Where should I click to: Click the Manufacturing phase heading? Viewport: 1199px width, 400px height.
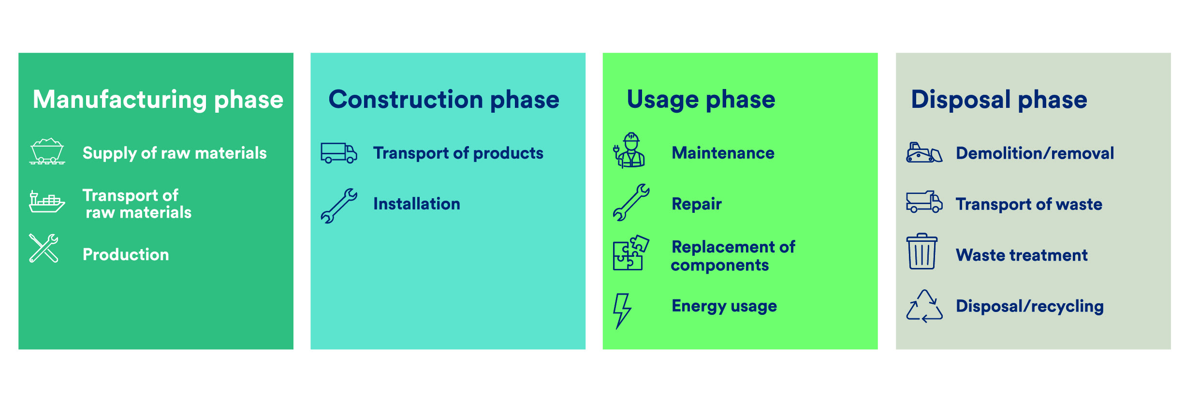158,100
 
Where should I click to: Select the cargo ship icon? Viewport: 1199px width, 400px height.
46,202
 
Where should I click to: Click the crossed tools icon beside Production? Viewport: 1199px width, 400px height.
44,249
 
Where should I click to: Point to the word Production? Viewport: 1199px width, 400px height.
126,255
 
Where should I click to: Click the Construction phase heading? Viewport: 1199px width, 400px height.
443,100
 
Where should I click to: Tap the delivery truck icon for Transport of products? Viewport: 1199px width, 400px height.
338,153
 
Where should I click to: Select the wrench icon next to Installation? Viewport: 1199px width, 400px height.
339,206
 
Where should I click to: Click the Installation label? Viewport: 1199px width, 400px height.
416,204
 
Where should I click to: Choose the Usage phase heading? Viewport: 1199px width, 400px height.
701,100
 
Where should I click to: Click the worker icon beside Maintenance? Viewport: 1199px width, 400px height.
629,150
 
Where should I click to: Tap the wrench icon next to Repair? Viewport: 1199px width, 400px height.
631,203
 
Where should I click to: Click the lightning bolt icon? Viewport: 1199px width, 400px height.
622,311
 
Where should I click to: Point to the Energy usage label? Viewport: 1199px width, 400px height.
724,306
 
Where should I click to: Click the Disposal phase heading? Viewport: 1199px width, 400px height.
999,100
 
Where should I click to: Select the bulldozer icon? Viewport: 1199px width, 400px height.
924,153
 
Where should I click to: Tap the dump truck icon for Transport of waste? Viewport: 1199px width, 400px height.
924,202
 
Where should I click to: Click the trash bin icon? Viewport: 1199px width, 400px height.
921,252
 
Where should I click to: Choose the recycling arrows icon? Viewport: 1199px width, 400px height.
924,307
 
